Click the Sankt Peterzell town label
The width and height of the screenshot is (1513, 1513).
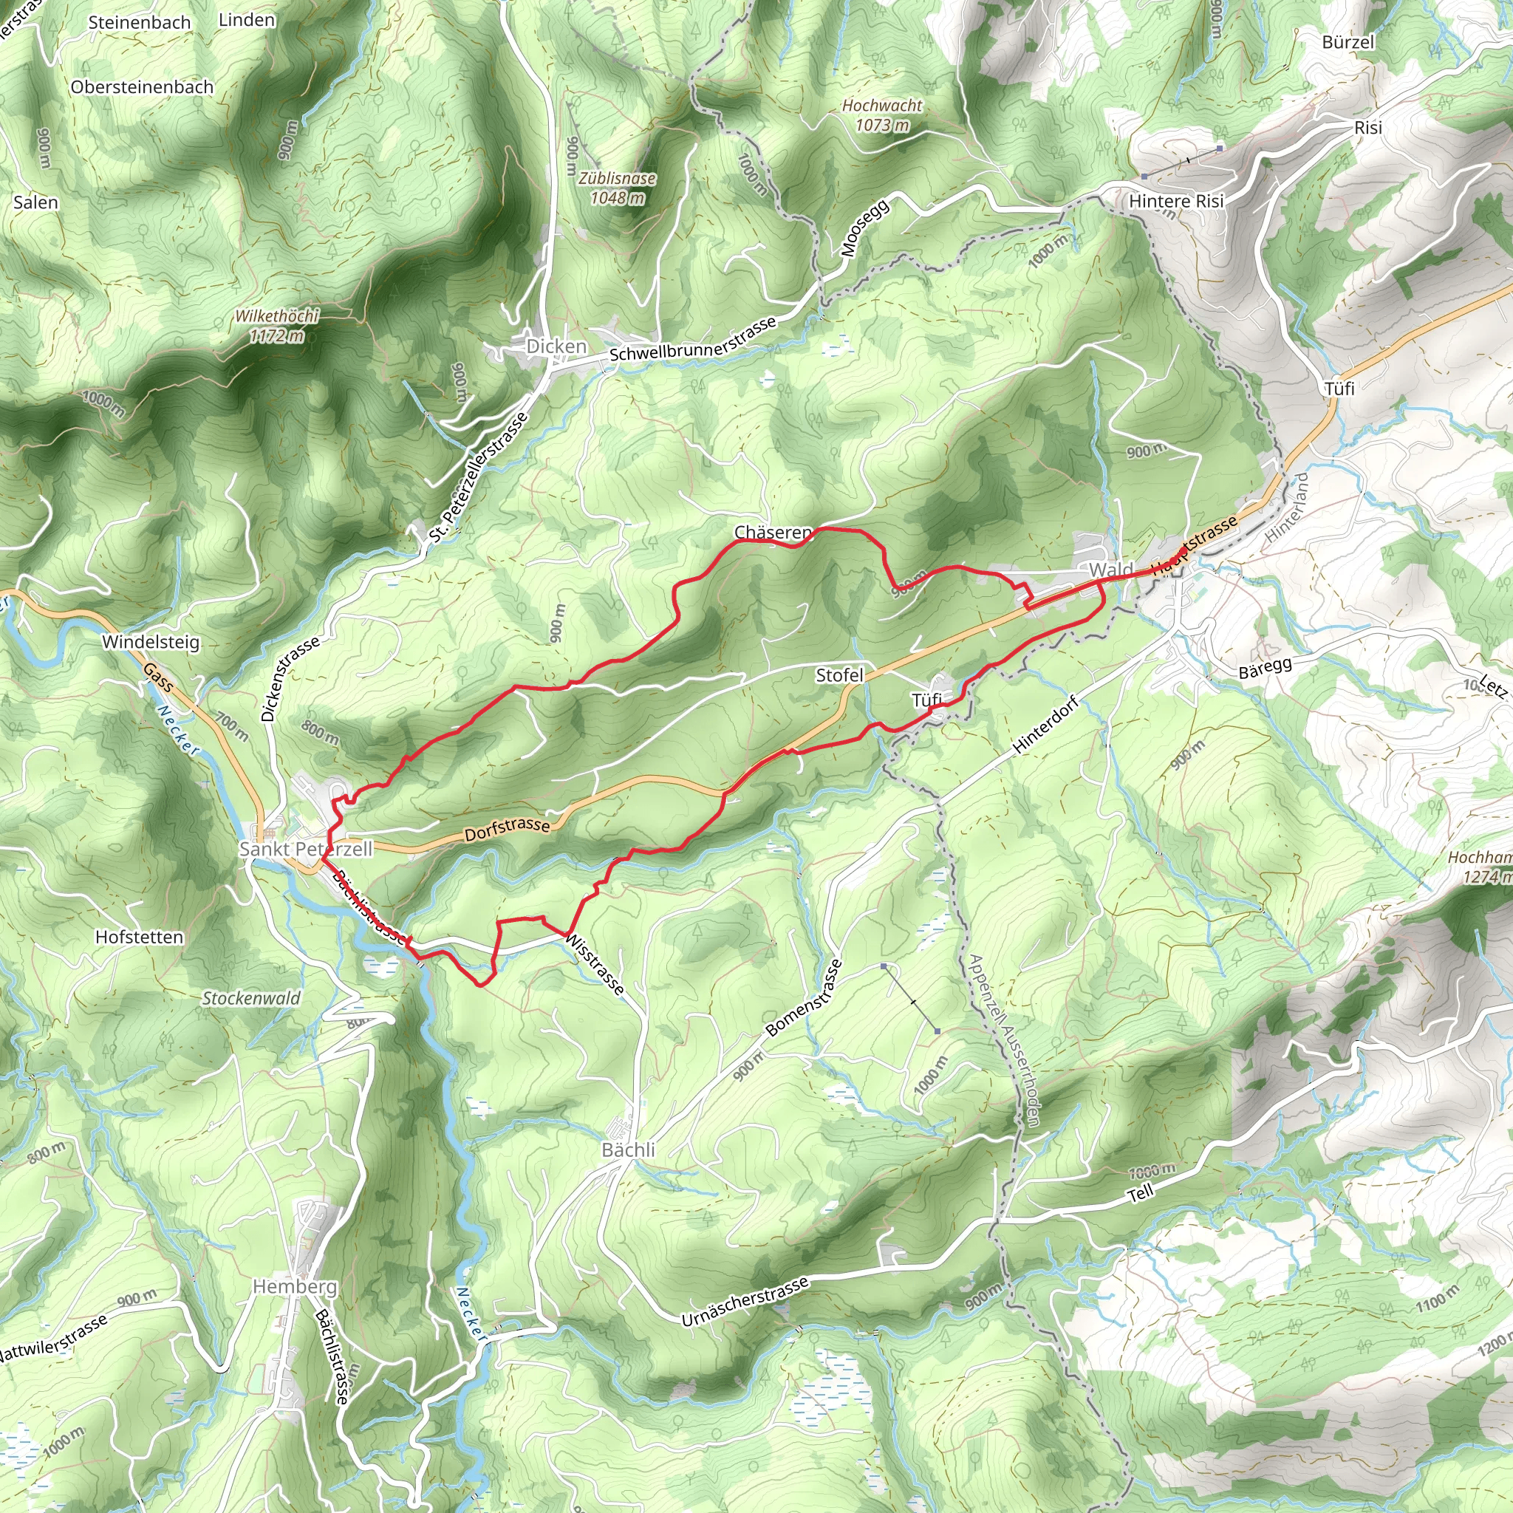[x=305, y=849]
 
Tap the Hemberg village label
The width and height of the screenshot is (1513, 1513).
[x=295, y=1287]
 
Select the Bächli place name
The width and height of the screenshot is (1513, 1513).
[x=628, y=1150]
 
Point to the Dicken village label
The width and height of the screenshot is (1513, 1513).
[x=556, y=346]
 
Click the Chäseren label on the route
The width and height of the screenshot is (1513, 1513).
[x=772, y=533]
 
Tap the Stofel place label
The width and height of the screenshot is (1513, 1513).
[x=839, y=675]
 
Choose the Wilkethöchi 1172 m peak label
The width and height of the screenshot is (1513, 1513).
[x=277, y=326]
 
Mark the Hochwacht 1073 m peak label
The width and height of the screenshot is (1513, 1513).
[x=883, y=115]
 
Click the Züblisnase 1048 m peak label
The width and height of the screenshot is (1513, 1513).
[x=617, y=188]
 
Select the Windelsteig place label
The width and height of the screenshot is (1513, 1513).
[x=151, y=642]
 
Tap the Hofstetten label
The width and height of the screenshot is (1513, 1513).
[x=140, y=937]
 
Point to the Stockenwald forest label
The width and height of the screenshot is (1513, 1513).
[x=251, y=999]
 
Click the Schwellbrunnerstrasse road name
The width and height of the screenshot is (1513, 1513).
[x=693, y=339]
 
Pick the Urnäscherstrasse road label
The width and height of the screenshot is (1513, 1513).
[x=745, y=1302]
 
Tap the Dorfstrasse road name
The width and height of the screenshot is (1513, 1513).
[x=508, y=829]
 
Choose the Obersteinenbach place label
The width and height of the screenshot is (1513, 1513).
[x=142, y=87]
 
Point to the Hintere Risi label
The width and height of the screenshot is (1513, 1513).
[x=1176, y=201]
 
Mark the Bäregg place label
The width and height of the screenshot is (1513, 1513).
[x=1265, y=668]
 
